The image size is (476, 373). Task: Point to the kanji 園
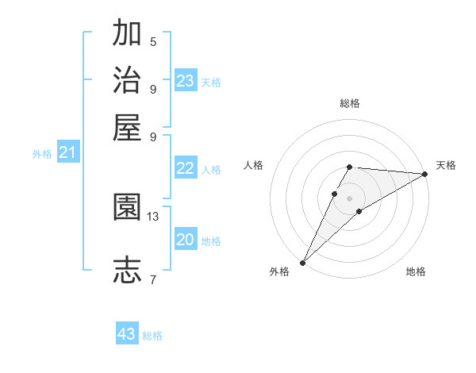[x=128, y=207]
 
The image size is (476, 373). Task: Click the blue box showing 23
[x=186, y=80]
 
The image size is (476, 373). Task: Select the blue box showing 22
[x=186, y=168]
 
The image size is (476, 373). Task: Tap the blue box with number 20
[x=186, y=240]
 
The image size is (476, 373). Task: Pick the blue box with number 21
[x=67, y=153]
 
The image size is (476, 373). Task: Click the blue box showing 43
[x=127, y=334]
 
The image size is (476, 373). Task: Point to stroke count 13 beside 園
[x=153, y=216]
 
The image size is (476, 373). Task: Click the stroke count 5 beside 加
[x=153, y=41]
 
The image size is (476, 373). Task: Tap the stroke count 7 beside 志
[x=153, y=279]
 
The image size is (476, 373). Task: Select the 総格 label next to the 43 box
[x=153, y=336]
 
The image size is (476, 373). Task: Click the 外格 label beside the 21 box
[x=42, y=155]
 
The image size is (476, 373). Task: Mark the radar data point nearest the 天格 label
[x=425, y=175]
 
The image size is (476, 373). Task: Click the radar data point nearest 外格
[x=302, y=263]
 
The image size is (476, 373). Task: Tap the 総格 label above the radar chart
[x=350, y=103]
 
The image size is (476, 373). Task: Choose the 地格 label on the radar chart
[x=416, y=272]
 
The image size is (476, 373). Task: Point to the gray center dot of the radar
[x=349, y=198]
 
